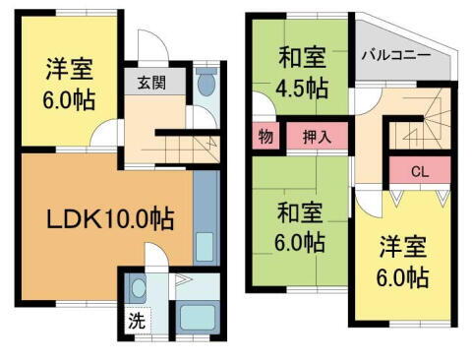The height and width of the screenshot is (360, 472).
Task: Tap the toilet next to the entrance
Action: pos(205,85)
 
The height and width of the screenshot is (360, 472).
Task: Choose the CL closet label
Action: pos(419,171)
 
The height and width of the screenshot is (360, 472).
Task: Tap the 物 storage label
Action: pos(265,136)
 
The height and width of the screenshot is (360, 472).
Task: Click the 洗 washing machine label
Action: pos(137,320)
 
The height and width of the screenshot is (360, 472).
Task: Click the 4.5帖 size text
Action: pos(303,88)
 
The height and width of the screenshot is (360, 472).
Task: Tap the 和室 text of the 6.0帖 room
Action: pos(302,210)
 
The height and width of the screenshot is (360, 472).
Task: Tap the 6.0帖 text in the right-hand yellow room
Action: pos(404,277)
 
